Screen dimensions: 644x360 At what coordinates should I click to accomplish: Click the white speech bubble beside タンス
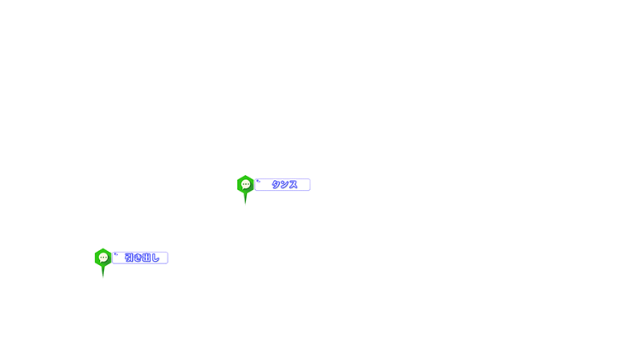click(x=245, y=184)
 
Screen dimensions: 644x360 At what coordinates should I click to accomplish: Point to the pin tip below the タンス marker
click(x=245, y=203)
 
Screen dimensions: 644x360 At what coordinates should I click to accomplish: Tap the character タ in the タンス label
click(x=276, y=184)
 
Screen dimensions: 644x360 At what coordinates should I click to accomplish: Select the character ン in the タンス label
click(x=284, y=184)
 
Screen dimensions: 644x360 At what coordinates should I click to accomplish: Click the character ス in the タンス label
click(x=293, y=184)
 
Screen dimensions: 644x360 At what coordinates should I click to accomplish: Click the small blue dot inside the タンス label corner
click(x=258, y=181)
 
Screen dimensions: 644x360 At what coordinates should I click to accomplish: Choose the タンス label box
click(x=282, y=184)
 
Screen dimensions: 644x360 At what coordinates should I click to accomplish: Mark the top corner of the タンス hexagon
click(x=245, y=176)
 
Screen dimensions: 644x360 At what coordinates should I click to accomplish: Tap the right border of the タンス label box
click(x=310, y=184)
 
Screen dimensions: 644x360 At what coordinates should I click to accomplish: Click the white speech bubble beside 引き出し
click(x=103, y=258)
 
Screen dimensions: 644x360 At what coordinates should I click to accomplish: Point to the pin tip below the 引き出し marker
click(x=103, y=277)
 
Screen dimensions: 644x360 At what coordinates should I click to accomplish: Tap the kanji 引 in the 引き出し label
click(x=129, y=258)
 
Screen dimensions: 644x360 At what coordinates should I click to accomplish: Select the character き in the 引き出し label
click(x=138, y=258)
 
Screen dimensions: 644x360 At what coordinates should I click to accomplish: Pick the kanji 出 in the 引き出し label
click(x=146, y=258)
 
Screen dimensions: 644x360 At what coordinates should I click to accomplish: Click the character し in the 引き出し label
click(x=155, y=258)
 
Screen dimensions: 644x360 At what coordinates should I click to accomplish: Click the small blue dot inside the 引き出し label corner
click(x=116, y=254)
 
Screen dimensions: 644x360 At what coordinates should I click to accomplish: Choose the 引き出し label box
click(x=140, y=258)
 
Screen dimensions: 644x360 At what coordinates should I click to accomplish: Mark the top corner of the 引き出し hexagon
click(x=103, y=249)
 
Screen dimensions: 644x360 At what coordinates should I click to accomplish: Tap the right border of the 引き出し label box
click(x=168, y=258)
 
